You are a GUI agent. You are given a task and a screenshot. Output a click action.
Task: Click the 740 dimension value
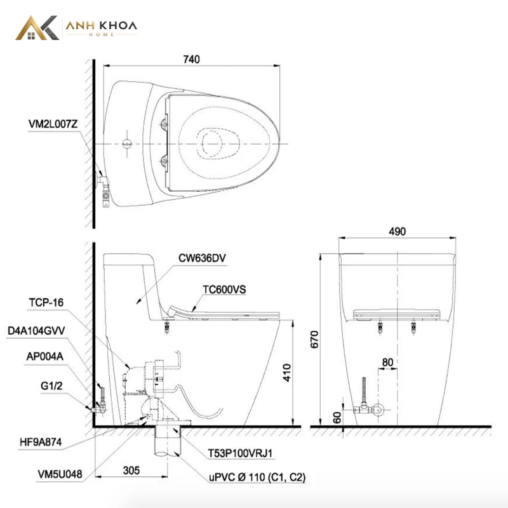[192, 59]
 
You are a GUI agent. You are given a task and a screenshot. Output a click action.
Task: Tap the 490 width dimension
[398, 231]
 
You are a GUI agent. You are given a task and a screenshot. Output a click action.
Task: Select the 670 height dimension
[314, 340]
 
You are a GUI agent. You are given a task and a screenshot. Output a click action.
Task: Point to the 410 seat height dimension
[287, 373]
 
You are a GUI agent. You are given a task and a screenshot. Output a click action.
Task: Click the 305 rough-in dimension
[131, 471]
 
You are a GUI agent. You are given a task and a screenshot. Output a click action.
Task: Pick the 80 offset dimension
[387, 362]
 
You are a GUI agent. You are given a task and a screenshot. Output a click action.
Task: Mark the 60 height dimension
[337, 418]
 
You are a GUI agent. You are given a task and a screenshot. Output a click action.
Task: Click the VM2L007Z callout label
[53, 124]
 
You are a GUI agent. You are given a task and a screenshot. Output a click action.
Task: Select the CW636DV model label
[202, 258]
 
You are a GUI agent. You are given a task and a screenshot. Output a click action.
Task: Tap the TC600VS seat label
[224, 290]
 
